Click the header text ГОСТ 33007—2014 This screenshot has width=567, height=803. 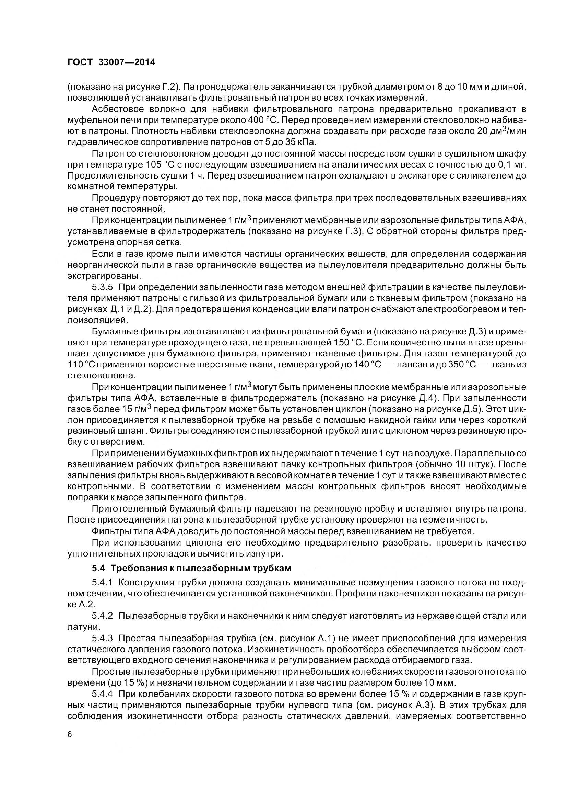(x=111, y=62)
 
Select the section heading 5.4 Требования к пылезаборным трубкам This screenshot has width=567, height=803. (x=191, y=568)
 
